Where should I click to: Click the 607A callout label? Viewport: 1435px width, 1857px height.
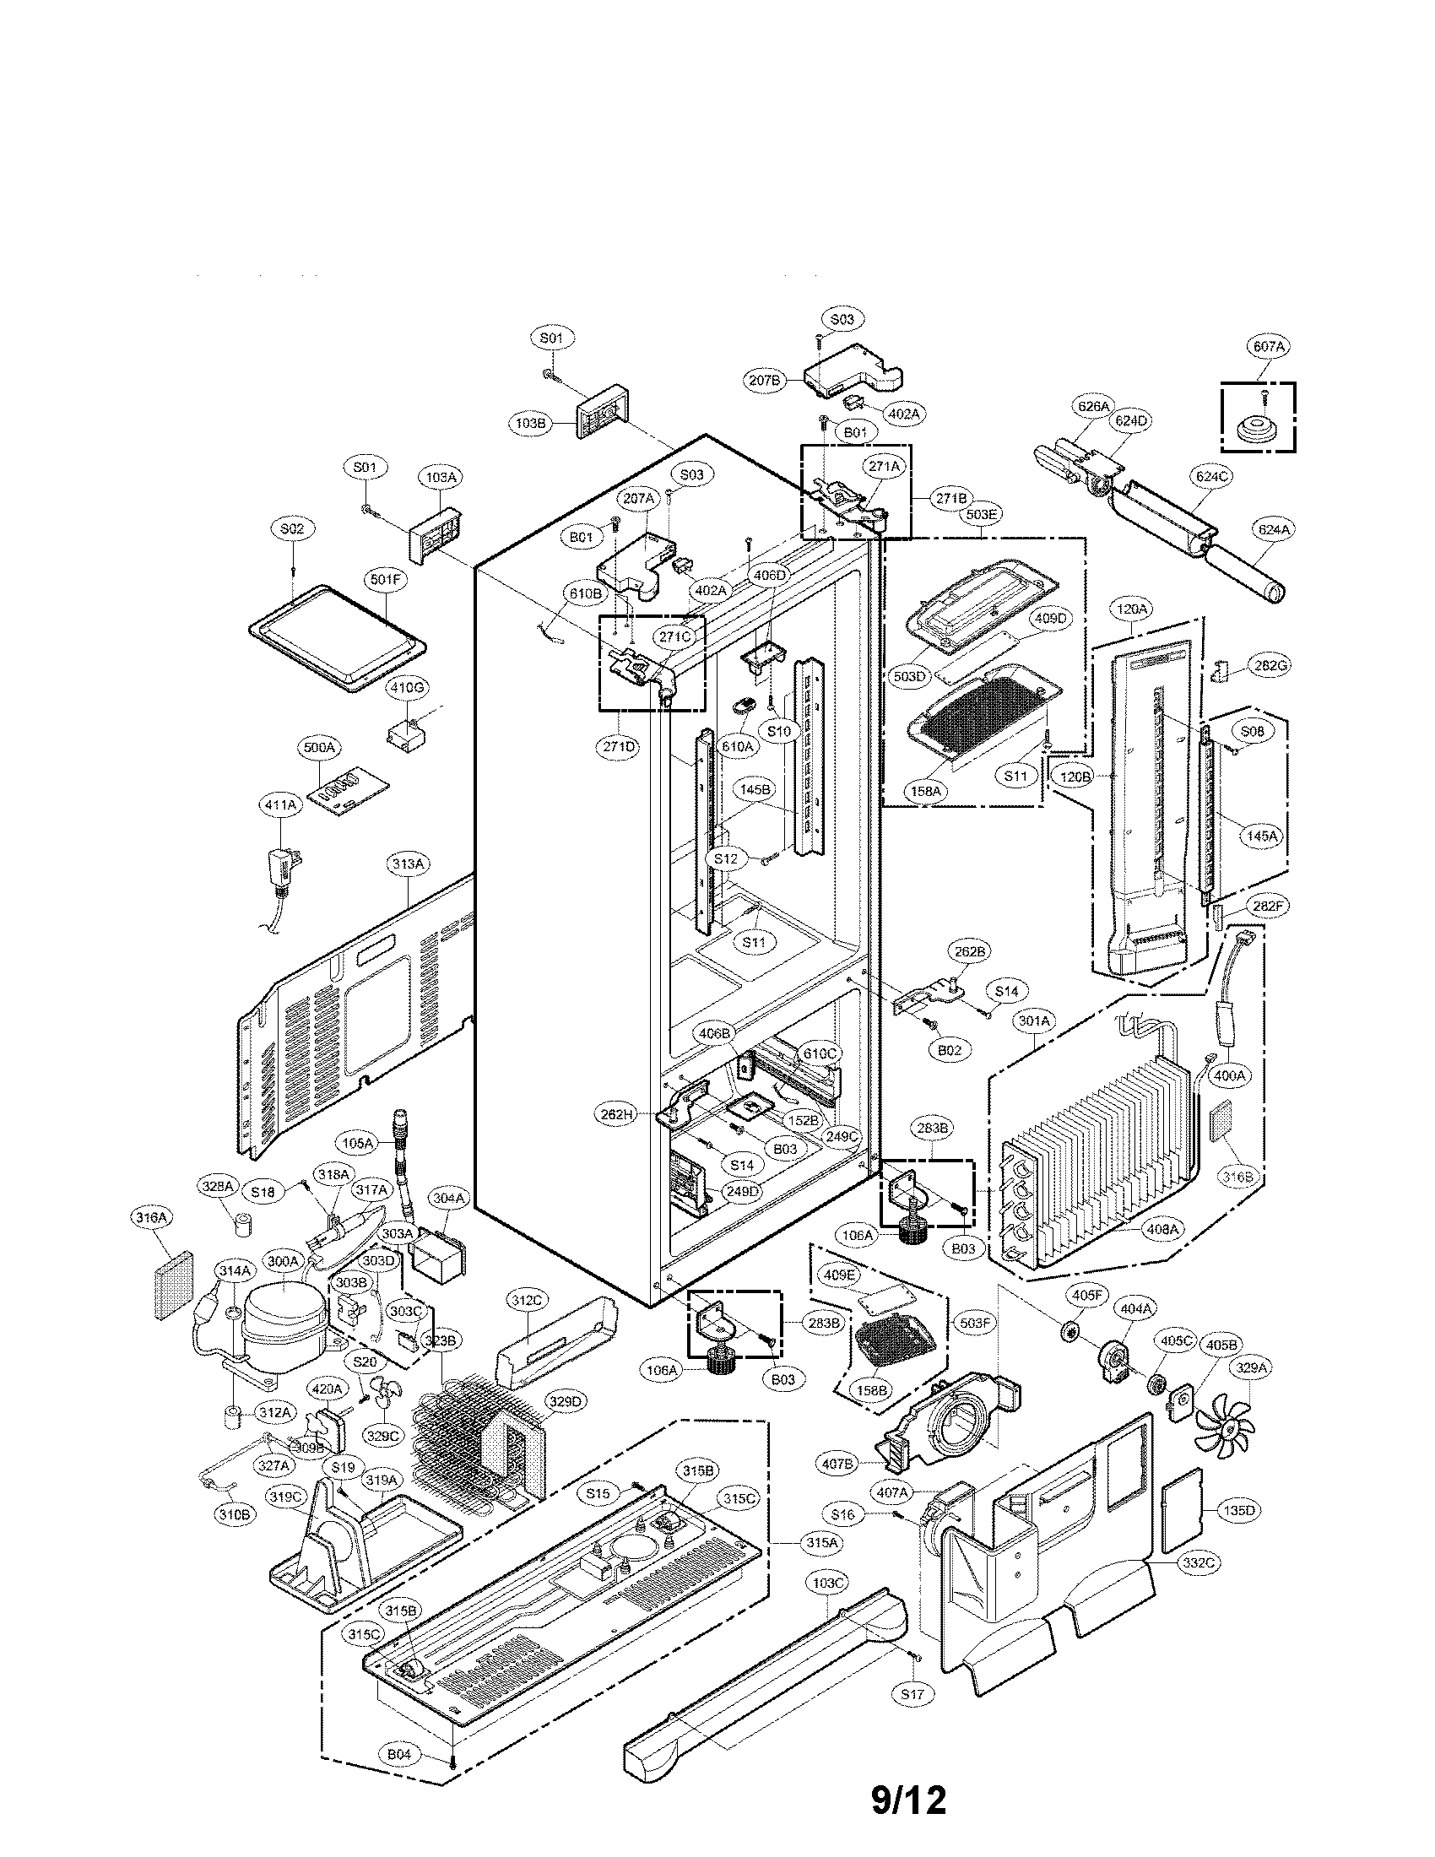1269,346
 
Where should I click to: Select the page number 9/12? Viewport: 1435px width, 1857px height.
908,1801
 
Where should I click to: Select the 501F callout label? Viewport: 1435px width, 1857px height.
385,580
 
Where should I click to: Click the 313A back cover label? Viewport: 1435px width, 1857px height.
408,864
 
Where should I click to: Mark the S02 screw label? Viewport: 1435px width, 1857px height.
291,528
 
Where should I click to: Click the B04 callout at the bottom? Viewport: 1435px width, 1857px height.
399,1753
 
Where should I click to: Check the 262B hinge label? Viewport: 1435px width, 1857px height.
970,951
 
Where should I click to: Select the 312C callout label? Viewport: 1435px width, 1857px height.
526,1324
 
